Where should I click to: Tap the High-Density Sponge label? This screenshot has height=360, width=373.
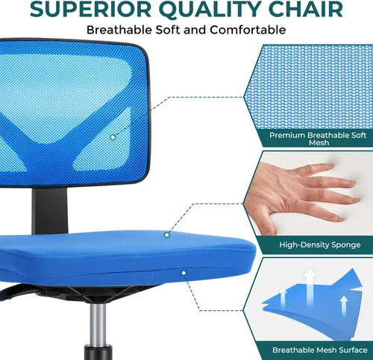coord(319,244)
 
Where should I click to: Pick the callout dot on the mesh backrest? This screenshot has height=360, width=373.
coord(113,136)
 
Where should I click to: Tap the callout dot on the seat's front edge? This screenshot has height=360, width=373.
coord(183,274)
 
